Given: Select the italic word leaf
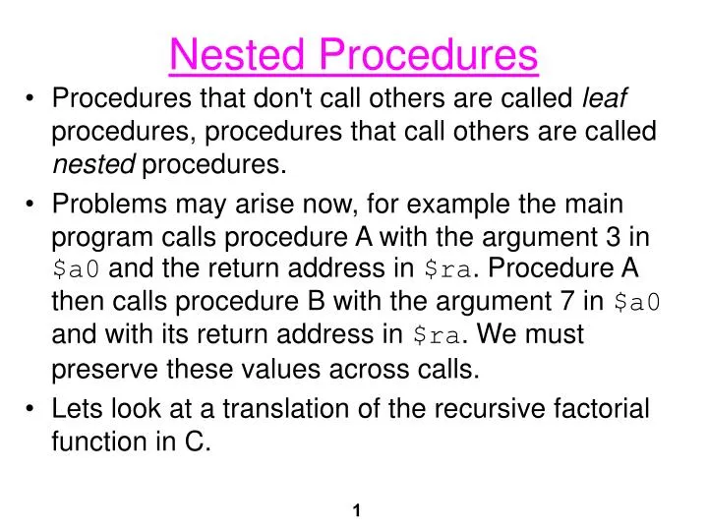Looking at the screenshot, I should click(606, 98).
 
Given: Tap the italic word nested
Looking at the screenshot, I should click(93, 165).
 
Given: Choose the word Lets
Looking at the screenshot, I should click(78, 409).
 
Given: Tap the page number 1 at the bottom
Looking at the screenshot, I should click(356, 510).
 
